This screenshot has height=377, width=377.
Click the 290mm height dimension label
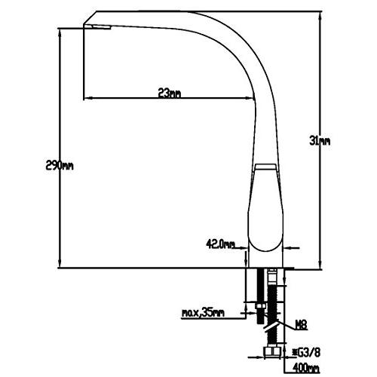(60, 166)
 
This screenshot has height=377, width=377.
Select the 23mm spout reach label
(169, 93)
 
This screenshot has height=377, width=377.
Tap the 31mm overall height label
(320, 140)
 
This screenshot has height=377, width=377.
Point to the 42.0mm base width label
(220, 244)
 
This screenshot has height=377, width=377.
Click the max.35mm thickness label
(203, 313)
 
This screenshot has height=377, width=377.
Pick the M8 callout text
(301, 325)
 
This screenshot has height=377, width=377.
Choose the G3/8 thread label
(306, 352)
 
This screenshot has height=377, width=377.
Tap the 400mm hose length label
(306, 368)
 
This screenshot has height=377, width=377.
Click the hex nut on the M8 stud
(259, 306)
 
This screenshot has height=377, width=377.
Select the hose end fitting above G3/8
(271, 351)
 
